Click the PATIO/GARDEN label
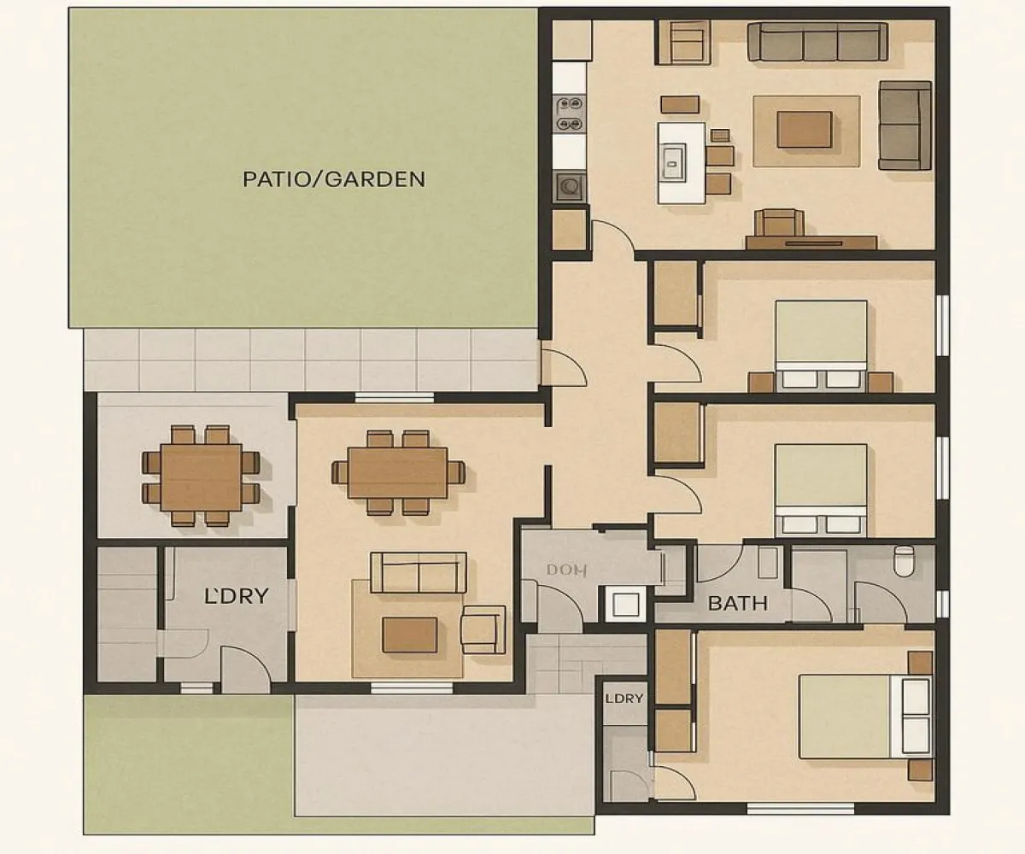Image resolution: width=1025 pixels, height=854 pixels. (334, 179)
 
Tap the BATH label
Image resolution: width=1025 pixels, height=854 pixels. (738, 604)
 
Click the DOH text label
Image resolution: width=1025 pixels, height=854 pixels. (563, 571)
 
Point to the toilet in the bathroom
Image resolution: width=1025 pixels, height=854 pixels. (903, 561)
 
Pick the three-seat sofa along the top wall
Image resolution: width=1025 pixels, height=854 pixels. (817, 41)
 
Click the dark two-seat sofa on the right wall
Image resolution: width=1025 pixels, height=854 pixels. (905, 125)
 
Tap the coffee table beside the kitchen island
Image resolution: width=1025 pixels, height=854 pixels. (804, 129)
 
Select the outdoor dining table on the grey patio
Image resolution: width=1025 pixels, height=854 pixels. (202, 475)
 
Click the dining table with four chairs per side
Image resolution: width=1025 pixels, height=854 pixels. (398, 473)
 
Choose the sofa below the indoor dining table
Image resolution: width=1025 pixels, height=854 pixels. (419, 572)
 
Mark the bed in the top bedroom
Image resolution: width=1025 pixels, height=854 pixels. (821, 345)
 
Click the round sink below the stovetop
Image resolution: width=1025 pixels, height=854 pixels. (569, 185)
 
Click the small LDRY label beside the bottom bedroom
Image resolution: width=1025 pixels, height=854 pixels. (624, 698)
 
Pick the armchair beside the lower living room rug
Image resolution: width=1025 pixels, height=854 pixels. (483, 629)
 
